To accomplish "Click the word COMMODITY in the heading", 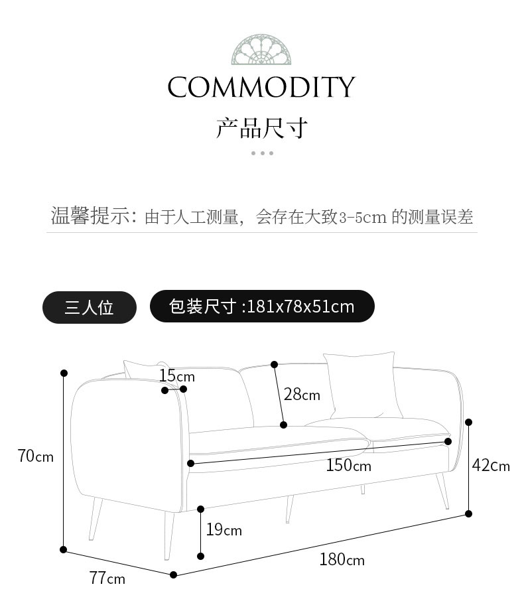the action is pyautogui.click(x=261, y=88).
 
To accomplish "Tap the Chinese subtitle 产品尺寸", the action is pyautogui.click(x=262, y=128).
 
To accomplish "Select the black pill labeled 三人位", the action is pyautogui.click(x=90, y=307).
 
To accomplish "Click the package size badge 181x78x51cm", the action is pyautogui.click(x=262, y=306).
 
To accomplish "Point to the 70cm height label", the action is pyautogui.click(x=36, y=456).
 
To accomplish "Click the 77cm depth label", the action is pyautogui.click(x=107, y=578).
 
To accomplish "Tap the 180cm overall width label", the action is pyautogui.click(x=342, y=560).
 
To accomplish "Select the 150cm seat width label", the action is pyautogui.click(x=348, y=466).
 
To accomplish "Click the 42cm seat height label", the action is pyautogui.click(x=491, y=466).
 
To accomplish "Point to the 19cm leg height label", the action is pyautogui.click(x=224, y=530).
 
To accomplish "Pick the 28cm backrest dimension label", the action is pyautogui.click(x=302, y=395).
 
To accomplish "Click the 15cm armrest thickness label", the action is pyautogui.click(x=172, y=376).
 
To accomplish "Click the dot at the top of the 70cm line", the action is pyautogui.click(x=64, y=373).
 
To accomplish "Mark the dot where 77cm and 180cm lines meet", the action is pyautogui.click(x=174, y=575).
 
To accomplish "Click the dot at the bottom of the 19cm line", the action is pyautogui.click(x=201, y=557).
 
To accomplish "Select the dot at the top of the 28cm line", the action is pyautogui.click(x=274, y=364).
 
